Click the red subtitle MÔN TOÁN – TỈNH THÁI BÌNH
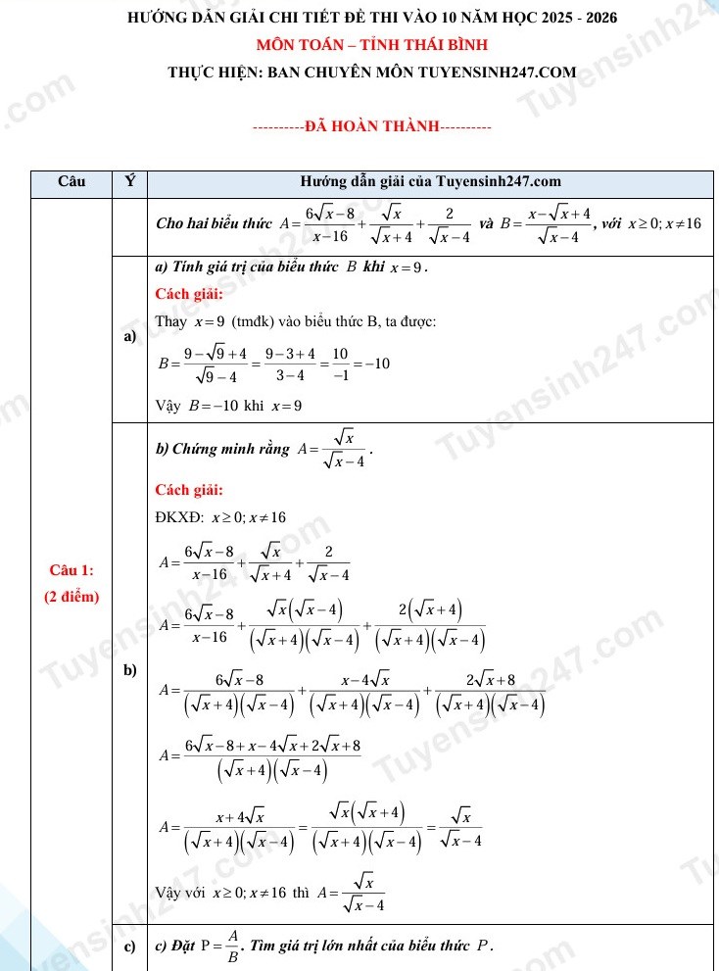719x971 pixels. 358,45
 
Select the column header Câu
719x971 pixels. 72,181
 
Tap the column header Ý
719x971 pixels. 129,181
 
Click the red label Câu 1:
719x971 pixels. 72,570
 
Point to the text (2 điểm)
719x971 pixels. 72,597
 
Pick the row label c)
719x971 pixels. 128,947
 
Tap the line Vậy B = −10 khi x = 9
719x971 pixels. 228,406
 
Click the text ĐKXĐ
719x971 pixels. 177,517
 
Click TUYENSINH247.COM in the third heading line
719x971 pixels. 503,71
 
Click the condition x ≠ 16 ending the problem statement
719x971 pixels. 682,223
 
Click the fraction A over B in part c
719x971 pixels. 232,947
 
